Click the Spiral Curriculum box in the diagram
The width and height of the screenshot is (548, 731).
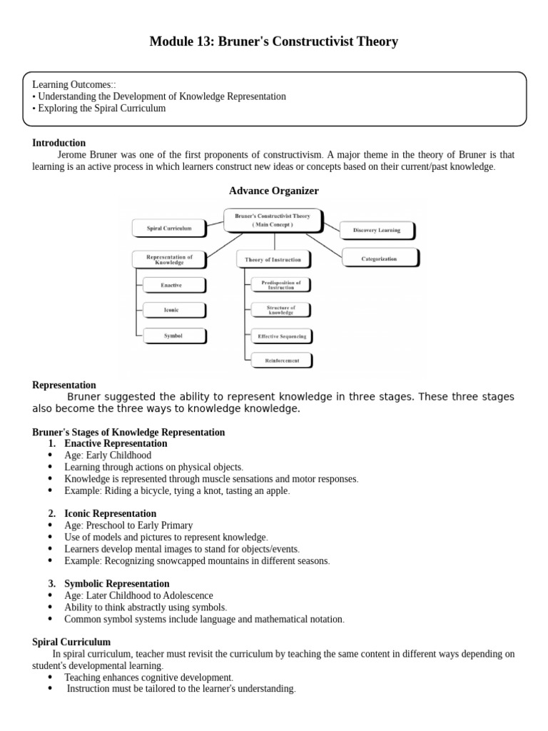[168, 228]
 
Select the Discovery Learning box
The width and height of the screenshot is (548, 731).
[376, 230]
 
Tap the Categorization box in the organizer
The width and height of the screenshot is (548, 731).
[380, 259]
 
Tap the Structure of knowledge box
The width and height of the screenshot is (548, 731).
[281, 310]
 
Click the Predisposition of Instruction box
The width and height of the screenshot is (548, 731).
[281, 284]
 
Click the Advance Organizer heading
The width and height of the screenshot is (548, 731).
[273, 191]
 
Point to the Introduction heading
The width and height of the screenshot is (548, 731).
[59, 143]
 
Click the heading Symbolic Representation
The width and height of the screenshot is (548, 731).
[116, 583]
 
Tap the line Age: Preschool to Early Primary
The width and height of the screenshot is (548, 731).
[128, 525]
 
